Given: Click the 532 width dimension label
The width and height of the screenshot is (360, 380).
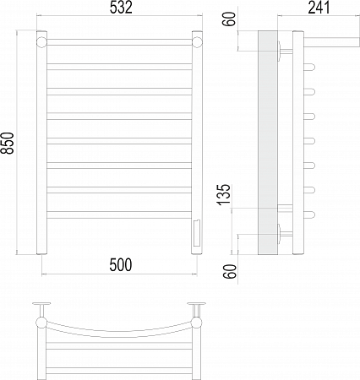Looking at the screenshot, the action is pyautogui.click(x=121, y=8).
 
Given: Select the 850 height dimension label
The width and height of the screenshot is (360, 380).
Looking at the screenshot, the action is pyautogui.click(x=8, y=144).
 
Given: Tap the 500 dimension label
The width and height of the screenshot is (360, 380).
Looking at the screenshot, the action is pyautogui.click(x=120, y=265).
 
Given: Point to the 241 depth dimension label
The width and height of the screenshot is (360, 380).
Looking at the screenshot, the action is pyautogui.click(x=319, y=8).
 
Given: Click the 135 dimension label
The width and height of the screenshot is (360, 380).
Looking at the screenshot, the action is pyautogui.click(x=224, y=195).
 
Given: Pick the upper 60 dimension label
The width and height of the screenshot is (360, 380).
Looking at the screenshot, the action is pyautogui.click(x=230, y=19).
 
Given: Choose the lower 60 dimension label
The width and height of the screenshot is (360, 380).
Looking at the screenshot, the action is pyautogui.click(x=230, y=272).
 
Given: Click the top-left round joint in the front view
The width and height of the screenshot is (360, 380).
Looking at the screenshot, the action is pyautogui.click(x=41, y=42).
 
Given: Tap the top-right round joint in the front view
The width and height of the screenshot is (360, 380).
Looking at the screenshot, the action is pyautogui.click(x=197, y=42).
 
